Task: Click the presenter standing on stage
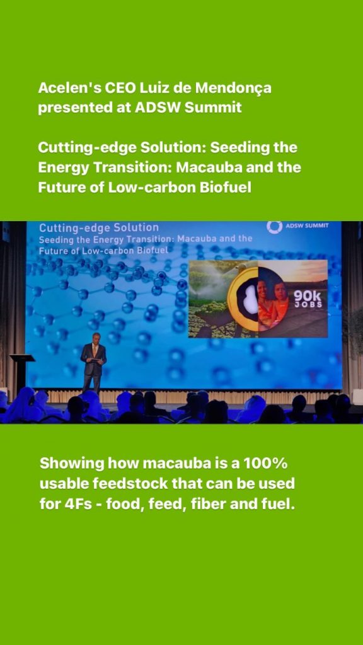pyautogui.click(x=93, y=361)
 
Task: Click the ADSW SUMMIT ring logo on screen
pyautogui.click(x=274, y=227)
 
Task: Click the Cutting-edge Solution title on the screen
pyautogui.click(x=99, y=227)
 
